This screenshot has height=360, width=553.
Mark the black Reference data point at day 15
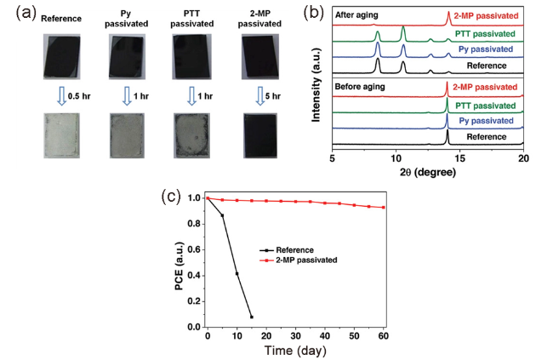[251, 317]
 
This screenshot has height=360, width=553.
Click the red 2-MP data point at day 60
[383, 208]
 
